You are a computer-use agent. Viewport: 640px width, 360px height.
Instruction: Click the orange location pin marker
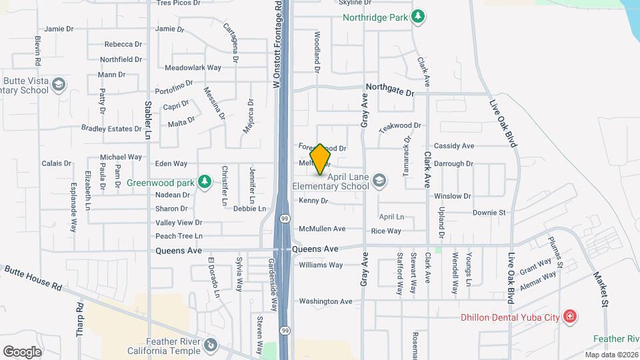point(321,159)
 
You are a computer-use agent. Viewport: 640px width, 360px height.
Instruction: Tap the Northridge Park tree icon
point(418,16)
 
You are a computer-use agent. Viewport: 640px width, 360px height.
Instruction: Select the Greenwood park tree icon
point(205,181)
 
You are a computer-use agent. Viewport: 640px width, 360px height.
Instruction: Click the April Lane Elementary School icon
point(379,181)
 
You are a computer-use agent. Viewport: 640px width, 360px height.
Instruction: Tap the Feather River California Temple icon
point(211,345)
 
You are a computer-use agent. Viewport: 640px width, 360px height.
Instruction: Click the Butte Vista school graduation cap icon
point(59,85)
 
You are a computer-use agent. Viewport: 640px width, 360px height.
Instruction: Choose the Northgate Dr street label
point(390,89)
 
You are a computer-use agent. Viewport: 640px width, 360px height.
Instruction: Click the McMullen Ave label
point(322,229)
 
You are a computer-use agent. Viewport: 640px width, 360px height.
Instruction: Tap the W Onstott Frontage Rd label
point(275,44)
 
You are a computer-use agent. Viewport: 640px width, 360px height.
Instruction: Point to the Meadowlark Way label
point(193,67)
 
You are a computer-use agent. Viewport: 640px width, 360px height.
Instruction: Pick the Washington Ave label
point(325,301)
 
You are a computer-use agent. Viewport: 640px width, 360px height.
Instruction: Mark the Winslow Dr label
point(452,196)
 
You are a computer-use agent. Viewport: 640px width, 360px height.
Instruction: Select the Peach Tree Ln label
point(179,236)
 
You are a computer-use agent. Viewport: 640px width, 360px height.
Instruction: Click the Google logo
point(23,351)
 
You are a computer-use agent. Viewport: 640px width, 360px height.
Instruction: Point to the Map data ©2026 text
point(611,355)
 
